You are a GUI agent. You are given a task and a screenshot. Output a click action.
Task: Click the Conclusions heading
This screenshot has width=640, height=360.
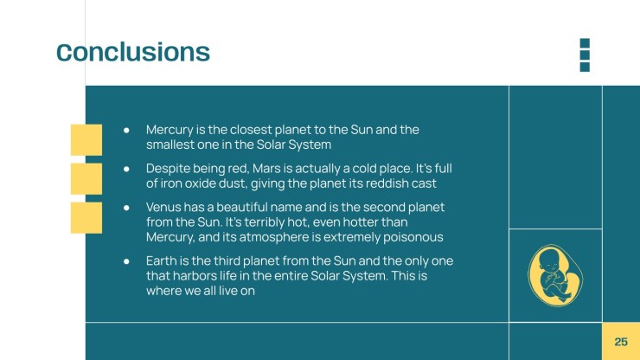coord(133,52)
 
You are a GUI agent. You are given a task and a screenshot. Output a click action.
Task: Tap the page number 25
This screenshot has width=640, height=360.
coord(621,342)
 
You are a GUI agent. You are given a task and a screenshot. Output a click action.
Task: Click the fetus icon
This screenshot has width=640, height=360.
coord(555,276)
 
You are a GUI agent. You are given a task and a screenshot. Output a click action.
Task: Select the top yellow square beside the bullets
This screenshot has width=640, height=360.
coord(86,139)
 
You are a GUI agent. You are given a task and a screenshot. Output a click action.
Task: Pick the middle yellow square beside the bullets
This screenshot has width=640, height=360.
coord(86,178)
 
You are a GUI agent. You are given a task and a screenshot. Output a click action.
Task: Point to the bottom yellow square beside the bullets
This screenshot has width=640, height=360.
coord(86,217)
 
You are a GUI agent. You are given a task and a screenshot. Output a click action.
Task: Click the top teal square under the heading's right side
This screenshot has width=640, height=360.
coord(585,43)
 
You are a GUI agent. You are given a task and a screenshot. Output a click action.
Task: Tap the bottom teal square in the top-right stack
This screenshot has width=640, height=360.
coord(585,67)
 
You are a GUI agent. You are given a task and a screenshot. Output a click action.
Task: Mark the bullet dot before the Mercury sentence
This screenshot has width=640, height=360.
coord(126,130)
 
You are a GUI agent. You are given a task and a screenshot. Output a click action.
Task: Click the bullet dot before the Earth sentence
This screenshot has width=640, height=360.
coord(126,261)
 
